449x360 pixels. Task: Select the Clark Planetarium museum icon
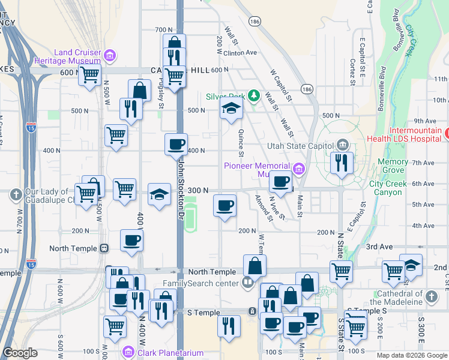point(127,352)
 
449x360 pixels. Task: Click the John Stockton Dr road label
point(181,181)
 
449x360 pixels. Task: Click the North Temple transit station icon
point(104,248)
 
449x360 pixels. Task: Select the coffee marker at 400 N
point(176,145)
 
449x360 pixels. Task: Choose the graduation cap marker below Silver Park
point(231,110)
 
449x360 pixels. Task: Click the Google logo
point(20,353)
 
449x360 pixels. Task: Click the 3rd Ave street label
point(379,247)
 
